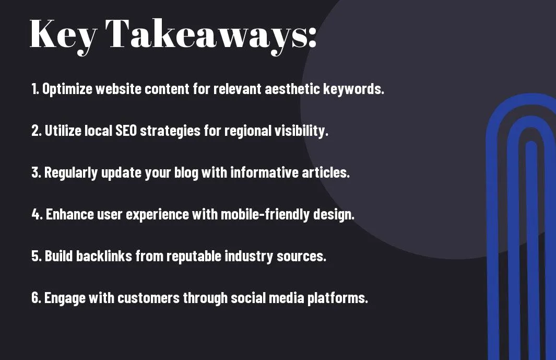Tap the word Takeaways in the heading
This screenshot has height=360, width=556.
pyautogui.click(x=206, y=36)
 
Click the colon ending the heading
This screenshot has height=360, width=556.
pyautogui.click(x=312, y=38)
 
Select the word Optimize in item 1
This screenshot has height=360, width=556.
pyautogui.click(x=67, y=89)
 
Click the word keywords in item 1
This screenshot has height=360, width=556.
pyautogui.click(x=353, y=89)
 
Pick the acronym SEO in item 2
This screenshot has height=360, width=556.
pyautogui.click(x=126, y=131)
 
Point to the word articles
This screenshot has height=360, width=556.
pyautogui.click(x=326, y=172)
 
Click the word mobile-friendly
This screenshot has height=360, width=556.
pyautogui.click(x=265, y=214)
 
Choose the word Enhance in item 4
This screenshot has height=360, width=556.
pyautogui.click(x=70, y=214)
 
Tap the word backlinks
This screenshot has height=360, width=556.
pyautogui.click(x=104, y=256)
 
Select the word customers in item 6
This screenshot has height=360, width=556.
pyautogui.click(x=149, y=297)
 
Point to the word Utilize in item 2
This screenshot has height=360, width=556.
pyautogui.click(x=63, y=131)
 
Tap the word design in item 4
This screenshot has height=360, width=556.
pyautogui.click(x=334, y=214)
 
